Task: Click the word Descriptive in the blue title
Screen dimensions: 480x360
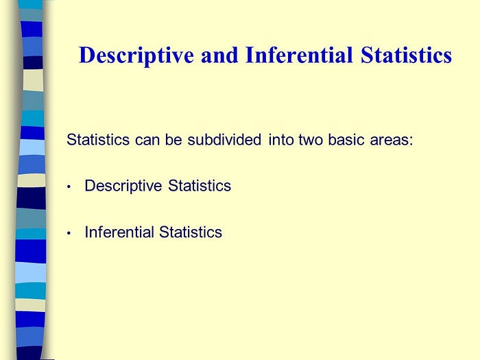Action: (x=136, y=56)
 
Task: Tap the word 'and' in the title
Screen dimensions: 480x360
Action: (x=219, y=55)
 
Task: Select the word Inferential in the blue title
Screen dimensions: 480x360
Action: (x=299, y=55)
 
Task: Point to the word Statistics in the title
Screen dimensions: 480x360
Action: (x=406, y=55)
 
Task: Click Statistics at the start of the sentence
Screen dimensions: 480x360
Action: (x=98, y=140)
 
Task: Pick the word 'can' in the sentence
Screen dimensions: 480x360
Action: (x=147, y=141)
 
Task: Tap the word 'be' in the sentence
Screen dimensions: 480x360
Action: (x=173, y=140)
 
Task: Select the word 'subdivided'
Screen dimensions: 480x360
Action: (x=224, y=140)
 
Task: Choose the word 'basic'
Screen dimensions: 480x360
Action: (x=346, y=140)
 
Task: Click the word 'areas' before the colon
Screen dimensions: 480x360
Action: (x=389, y=141)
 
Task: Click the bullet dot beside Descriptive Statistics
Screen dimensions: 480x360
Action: (x=69, y=187)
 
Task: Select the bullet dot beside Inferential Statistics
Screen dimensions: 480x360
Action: (x=69, y=233)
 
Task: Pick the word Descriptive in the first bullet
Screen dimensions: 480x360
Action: (x=123, y=186)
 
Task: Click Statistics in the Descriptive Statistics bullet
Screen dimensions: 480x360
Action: (x=200, y=186)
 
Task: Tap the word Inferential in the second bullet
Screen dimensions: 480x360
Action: (x=119, y=232)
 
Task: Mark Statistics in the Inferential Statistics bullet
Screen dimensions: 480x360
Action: (x=191, y=232)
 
